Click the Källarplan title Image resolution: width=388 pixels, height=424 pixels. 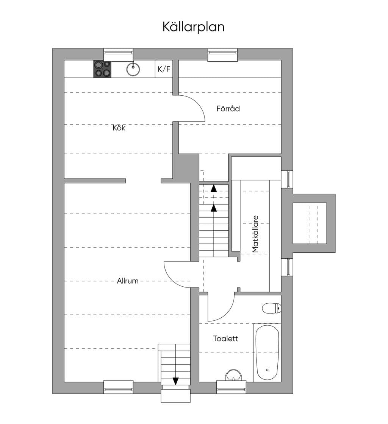pyautogui.click(x=194, y=27)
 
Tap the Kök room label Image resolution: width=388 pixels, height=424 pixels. pyautogui.click(x=119, y=127)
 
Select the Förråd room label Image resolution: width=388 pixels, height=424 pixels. pyautogui.click(x=228, y=109)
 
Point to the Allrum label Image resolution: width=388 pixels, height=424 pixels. pyautogui.click(x=128, y=281)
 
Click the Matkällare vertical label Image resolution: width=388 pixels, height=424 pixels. pyautogui.click(x=255, y=234)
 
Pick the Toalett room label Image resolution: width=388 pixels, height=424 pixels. pyautogui.click(x=225, y=339)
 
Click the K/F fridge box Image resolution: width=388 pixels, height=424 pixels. pyautogui.click(x=164, y=69)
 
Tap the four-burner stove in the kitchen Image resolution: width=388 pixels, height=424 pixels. pyautogui.click(x=102, y=69)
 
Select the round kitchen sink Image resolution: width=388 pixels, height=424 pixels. pyautogui.click(x=133, y=69)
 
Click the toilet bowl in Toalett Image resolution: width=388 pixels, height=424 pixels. pyautogui.click(x=272, y=308)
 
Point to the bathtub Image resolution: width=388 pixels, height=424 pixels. pyautogui.click(x=268, y=353)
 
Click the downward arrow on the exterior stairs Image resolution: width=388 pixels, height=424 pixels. pyautogui.click(x=176, y=381)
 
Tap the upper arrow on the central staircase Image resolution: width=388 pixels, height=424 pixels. pyautogui.click(x=214, y=188)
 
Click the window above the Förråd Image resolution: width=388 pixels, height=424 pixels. pyautogui.click(x=222, y=55)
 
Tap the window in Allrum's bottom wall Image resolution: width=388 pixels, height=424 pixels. pyautogui.click(x=118, y=387)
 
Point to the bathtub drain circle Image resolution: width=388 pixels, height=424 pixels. pyautogui.click(x=267, y=370)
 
